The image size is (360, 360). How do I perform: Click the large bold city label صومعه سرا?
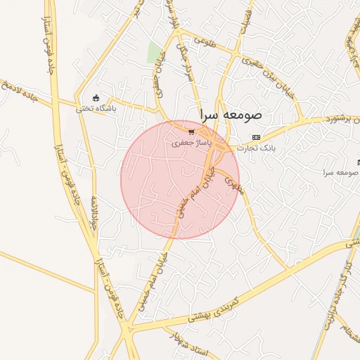click(x=231, y=113)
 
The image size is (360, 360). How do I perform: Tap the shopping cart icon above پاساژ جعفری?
click(x=191, y=131)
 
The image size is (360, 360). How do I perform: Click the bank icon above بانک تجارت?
click(x=256, y=137)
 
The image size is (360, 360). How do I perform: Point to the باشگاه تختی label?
click(x=96, y=109)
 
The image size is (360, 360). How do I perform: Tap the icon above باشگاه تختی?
click(x=96, y=98)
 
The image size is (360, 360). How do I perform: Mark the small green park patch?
click(x=155, y=51)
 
